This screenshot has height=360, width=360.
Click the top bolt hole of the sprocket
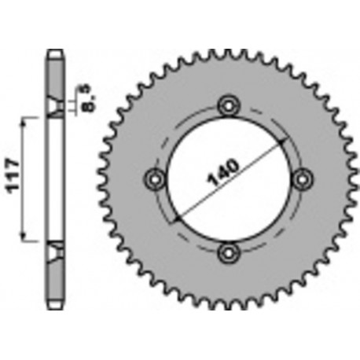[x=229, y=105]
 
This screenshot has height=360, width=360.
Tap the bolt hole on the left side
[x=155, y=178]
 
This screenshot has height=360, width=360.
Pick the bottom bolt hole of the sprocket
[x=229, y=252]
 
